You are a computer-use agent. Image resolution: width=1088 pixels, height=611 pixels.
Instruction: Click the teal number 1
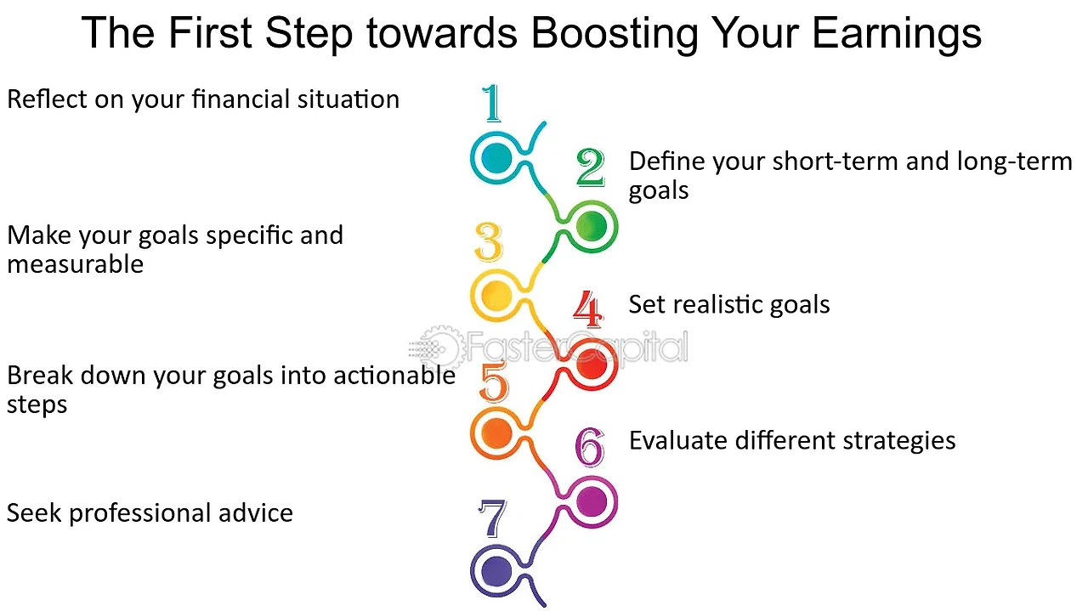[x=491, y=103]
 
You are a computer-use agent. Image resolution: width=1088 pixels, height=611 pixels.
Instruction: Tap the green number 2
[x=590, y=167]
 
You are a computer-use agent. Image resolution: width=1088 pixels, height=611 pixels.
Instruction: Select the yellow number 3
[x=489, y=241]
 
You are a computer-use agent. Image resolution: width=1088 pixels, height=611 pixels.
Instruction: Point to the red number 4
[x=587, y=309]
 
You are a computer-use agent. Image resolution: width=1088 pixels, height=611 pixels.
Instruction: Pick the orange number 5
[x=494, y=381]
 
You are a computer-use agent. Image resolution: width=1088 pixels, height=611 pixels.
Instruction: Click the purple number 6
[x=590, y=447]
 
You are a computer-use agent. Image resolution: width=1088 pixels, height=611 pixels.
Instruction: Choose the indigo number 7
[x=492, y=518]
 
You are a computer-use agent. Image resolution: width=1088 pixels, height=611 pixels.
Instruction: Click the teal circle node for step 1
[x=496, y=158]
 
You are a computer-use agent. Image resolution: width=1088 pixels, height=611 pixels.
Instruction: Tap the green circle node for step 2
[x=591, y=226]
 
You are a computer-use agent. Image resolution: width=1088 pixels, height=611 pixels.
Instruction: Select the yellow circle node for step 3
[x=496, y=295]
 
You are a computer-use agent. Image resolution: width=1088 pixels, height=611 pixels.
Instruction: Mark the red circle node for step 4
[x=592, y=365]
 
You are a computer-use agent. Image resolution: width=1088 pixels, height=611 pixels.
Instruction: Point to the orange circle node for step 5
[x=496, y=433]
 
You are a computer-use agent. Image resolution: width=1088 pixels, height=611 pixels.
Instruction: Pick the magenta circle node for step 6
[x=591, y=501]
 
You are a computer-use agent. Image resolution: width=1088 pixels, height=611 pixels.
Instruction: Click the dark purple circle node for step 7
[x=496, y=571]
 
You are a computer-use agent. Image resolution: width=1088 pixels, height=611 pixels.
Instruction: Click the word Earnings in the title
[x=897, y=35]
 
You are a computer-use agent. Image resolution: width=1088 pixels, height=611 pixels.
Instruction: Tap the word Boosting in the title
[x=615, y=35]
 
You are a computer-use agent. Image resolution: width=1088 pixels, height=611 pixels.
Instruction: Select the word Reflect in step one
[x=47, y=99]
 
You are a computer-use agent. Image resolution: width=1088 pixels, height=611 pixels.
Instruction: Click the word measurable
[x=76, y=264]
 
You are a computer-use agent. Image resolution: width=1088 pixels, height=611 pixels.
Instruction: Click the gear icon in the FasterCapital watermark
[x=440, y=348]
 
